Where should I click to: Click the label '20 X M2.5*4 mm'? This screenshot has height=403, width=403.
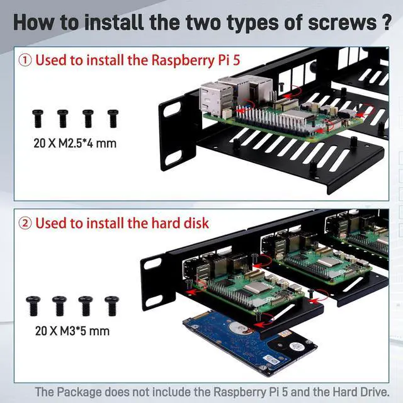(75, 142)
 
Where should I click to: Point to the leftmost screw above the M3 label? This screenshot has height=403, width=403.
(33, 305)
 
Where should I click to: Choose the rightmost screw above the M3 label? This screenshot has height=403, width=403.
(111, 305)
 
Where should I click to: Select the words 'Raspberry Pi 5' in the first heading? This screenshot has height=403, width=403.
(193, 60)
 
